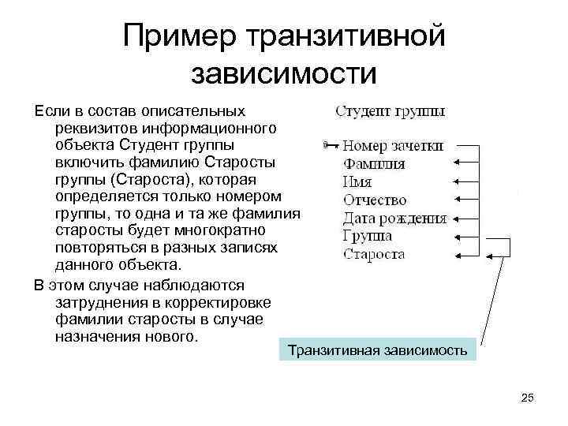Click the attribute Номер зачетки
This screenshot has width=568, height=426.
coord(394,146)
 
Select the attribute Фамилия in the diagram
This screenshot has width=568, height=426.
coord(374,164)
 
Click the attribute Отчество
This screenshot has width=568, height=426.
coord(375,200)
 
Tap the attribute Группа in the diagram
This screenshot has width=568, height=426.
coord(368,236)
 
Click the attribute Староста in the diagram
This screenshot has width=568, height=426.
coord(374,254)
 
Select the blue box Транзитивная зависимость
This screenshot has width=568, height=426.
coord(378,349)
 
